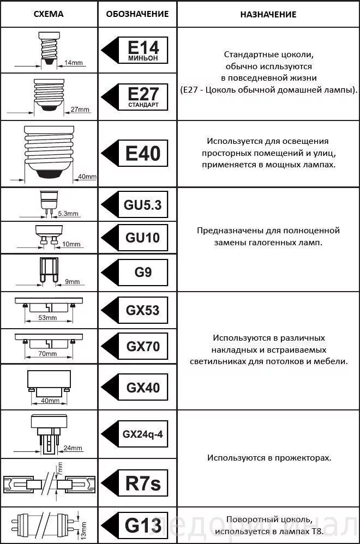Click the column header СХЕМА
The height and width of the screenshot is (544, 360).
pos(49,14)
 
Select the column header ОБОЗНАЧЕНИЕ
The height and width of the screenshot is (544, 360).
pos(137,14)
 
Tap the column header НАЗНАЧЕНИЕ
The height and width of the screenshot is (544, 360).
pos(268,14)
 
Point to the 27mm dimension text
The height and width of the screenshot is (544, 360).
pos(80,110)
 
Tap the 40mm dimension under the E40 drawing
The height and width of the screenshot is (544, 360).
pos(87,177)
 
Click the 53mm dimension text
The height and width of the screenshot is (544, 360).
pos(48,318)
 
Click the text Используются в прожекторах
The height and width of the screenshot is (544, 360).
pos(268,458)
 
